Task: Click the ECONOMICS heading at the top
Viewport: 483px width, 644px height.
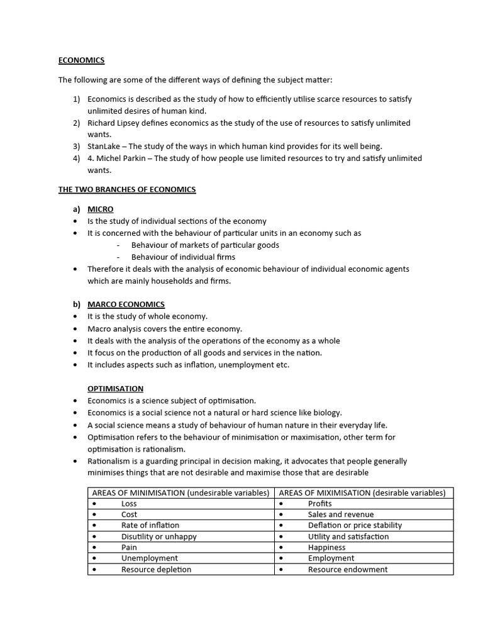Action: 81,60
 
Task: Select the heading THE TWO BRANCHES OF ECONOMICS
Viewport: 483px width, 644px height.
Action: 127,189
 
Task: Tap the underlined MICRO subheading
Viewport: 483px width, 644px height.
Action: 101,209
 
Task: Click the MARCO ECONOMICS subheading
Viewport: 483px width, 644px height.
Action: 126,304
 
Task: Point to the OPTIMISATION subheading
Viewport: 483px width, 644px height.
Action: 115,389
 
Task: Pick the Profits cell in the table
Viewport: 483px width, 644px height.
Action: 319,504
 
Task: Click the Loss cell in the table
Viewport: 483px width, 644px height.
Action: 129,504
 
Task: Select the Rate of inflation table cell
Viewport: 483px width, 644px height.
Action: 150,525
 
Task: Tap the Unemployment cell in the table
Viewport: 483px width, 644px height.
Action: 149,558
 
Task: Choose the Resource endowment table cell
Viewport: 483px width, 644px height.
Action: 347,569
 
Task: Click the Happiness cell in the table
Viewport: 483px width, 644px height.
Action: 326,547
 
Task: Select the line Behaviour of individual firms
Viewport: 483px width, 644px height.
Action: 183,257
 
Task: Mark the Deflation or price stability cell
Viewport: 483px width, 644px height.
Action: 355,525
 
